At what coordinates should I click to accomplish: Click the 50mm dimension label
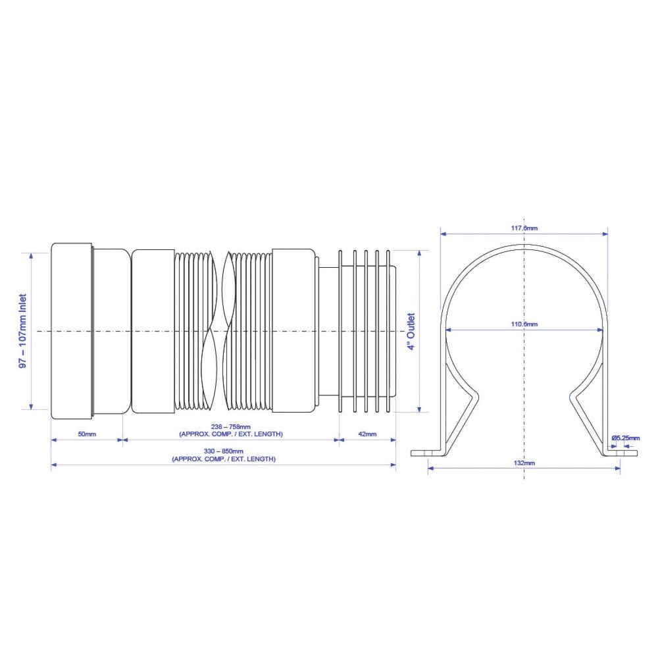(87, 434)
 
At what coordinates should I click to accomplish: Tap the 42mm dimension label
(367, 434)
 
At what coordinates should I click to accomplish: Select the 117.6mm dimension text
(524, 228)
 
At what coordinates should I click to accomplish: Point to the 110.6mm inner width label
(524, 324)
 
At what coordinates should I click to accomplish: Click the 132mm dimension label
(524, 463)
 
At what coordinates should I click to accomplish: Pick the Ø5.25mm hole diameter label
(626, 438)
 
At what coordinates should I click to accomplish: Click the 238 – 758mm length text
(231, 427)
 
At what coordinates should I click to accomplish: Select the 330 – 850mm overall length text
(224, 451)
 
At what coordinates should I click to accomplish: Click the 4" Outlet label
(411, 331)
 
